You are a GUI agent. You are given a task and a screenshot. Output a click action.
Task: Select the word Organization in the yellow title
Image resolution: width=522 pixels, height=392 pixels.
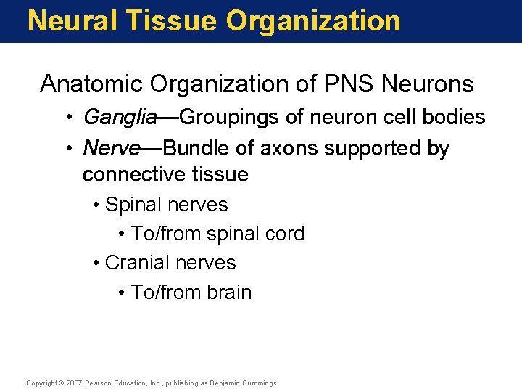click(313, 20)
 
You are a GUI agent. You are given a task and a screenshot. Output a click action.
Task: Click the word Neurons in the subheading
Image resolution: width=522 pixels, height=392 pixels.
click(428, 84)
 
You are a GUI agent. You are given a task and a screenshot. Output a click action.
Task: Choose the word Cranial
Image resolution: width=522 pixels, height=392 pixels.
click(135, 262)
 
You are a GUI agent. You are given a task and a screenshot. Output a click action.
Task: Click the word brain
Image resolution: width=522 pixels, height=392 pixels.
click(229, 293)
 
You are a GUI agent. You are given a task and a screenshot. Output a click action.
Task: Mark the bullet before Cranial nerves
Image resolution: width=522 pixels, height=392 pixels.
click(96, 263)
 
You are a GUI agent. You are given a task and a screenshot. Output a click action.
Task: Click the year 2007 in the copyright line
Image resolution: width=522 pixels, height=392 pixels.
click(74, 383)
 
